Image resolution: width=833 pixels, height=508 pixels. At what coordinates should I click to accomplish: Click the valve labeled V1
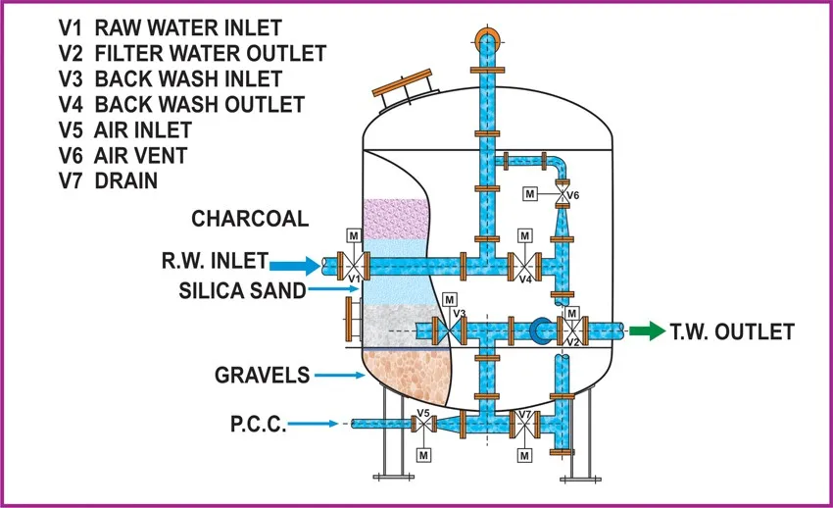pos(352,264)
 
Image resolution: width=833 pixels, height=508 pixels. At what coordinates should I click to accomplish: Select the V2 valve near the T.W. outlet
pos(571,329)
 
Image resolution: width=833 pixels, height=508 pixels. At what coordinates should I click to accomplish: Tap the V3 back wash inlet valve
pos(449,329)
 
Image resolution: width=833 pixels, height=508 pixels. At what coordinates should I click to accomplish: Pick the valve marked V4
pos(524,264)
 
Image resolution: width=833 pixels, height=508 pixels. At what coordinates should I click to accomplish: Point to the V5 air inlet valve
pos(423,424)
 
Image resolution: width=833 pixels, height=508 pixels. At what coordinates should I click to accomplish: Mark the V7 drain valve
pos(525,424)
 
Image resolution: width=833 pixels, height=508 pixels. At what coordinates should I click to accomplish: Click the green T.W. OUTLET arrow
pos(644,331)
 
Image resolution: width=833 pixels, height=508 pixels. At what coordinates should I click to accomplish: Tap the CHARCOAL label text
pos(249,218)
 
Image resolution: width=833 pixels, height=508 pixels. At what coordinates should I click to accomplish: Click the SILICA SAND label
pos(241,290)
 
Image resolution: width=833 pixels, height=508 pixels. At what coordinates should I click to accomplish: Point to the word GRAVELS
pos(262,375)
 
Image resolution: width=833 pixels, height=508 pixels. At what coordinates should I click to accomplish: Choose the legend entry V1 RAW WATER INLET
pos(170,27)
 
